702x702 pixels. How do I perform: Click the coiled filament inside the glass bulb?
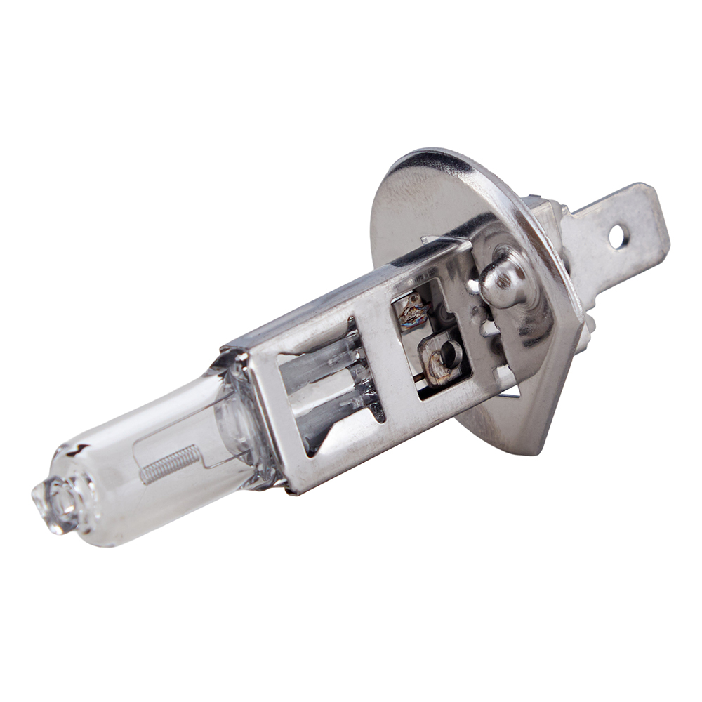click(x=171, y=464)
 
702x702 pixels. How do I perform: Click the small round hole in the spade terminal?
click(x=618, y=237)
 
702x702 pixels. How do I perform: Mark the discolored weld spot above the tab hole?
click(x=414, y=310)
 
